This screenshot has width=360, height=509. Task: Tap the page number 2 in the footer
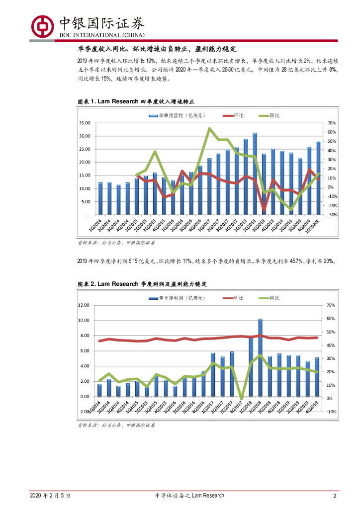[335, 496]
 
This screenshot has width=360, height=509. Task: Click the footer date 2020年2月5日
[50, 496]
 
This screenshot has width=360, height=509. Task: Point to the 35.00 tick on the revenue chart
[84, 123]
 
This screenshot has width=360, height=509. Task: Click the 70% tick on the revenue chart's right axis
[332, 123]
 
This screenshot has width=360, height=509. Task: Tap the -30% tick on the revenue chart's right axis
[332, 215]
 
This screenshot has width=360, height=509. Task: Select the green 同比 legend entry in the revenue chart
[270, 116]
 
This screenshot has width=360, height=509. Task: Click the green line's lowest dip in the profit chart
[242, 399]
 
